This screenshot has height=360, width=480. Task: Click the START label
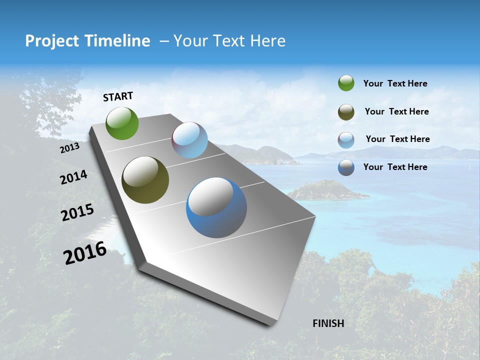click(x=118, y=96)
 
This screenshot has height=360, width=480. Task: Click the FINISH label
click(x=328, y=323)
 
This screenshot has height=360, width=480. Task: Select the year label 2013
click(x=69, y=148)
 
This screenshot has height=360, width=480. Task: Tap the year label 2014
click(x=73, y=177)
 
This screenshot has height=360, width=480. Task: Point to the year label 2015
click(x=77, y=212)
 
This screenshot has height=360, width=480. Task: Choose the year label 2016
click(x=85, y=252)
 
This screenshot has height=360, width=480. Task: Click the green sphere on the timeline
click(x=122, y=123)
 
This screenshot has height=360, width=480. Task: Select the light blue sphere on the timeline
click(x=189, y=140)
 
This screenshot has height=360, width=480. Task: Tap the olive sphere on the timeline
click(x=145, y=180)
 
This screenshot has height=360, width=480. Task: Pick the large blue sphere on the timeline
click(x=216, y=207)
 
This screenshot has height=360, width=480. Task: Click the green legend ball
click(x=346, y=83)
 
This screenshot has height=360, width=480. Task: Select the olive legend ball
click(x=346, y=112)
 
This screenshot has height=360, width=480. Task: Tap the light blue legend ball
click(x=346, y=140)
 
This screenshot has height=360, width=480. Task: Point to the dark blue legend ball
click(x=346, y=167)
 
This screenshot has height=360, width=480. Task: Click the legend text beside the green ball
click(x=395, y=84)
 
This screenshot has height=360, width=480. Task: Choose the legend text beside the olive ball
click(x=396, y=112)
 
